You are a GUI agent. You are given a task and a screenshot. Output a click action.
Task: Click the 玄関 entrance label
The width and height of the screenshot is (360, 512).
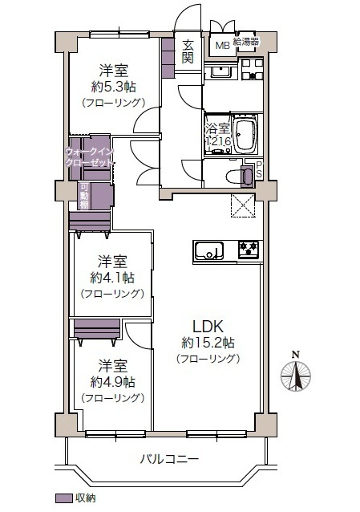click(x=188, y=51)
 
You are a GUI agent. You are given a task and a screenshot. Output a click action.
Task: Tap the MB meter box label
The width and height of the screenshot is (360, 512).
click(x=222, y=46)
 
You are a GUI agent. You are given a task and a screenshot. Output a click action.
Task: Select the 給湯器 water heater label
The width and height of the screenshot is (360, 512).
click(x=246, y=42)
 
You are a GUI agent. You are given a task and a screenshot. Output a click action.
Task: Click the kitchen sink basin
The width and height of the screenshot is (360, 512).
click(x=209, y=250)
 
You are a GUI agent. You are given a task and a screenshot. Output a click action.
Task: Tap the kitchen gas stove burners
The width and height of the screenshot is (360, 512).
click(x=249, y=250)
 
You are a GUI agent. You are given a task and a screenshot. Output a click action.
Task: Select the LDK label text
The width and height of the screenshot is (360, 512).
click(x=208, y=326)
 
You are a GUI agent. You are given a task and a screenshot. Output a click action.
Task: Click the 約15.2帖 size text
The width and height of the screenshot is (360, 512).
click(x=208, y=343)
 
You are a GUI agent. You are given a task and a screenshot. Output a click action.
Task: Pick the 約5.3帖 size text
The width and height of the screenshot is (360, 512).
click(x=113, y=87)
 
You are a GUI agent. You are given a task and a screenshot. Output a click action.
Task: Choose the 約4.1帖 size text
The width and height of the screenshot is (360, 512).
click(x=112, y=278)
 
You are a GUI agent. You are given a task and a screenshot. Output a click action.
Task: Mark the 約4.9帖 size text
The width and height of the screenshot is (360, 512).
click(x=112, y=382)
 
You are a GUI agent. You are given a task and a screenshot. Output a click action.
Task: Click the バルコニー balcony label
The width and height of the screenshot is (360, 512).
click(x=169, y=459)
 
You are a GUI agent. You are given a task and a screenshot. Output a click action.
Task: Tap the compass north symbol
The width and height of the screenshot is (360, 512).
click(x=296, y=376)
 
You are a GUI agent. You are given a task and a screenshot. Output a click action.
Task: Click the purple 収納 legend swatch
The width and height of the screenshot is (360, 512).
click(x=63, y=498)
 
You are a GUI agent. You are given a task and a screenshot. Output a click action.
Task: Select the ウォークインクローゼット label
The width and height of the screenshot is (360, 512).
click(x=90, y=157)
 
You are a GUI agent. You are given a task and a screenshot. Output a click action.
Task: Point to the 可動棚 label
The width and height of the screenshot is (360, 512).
click(x=84, y=196)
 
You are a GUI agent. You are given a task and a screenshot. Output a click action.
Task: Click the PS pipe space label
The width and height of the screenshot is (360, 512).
click(x=259, y=169)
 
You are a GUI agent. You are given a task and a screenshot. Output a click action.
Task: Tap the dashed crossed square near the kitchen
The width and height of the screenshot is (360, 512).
click(x=242, y=205)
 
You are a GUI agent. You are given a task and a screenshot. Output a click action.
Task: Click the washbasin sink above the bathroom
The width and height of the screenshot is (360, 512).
click(x=221, y=72)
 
